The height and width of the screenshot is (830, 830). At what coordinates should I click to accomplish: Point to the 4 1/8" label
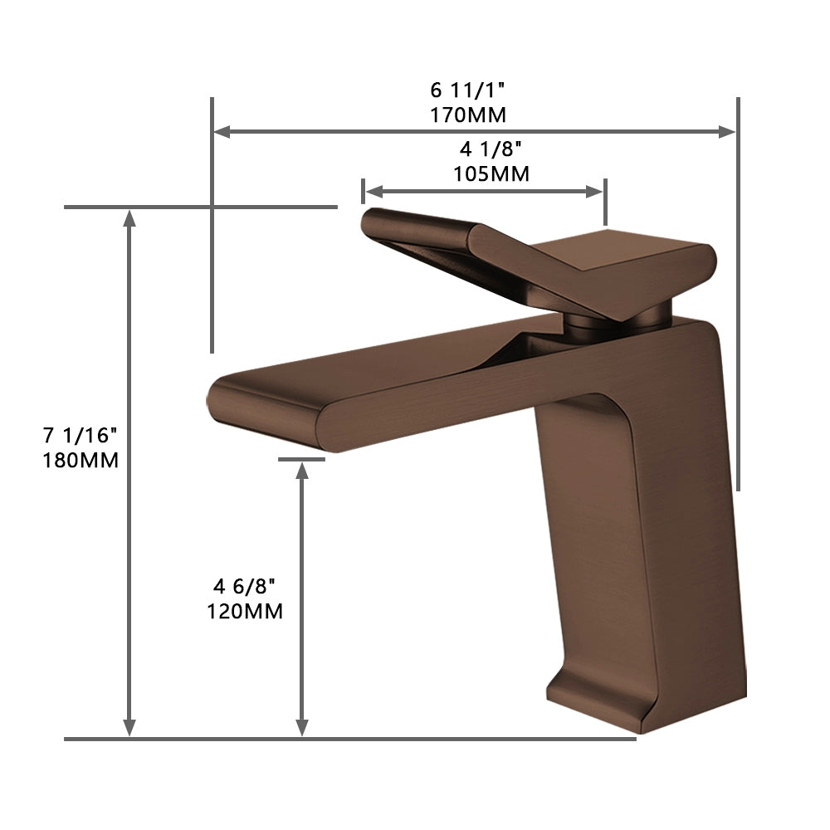(x=491, y=149)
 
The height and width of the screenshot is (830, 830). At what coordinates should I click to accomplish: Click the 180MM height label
(x=81, y=460)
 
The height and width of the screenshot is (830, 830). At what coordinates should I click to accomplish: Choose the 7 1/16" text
(x=81, y=434)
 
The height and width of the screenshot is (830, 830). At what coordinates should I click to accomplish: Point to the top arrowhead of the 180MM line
(x=129, y=217)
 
